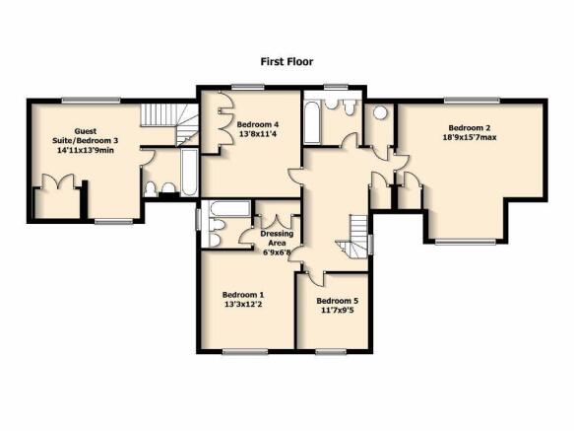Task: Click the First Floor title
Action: coord(287,61)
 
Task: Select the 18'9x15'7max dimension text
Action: coord(470,137)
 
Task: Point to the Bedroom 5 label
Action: coord(337,301)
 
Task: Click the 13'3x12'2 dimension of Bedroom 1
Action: coord(243,304)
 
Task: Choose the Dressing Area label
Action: coord(277,238)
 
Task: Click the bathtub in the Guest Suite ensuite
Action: coord(189,172)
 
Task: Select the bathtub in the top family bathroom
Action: coord(313,123)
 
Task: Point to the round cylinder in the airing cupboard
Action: coord(381,112)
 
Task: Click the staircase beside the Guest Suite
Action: coord(169,123)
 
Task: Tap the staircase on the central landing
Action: coord(352,237)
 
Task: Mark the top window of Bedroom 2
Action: coord(472,101)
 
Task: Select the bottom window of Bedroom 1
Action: coord(245,352)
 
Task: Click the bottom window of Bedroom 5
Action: coord(331,352)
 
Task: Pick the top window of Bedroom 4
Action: coord(248,88)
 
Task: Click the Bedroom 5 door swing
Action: coord(315,278)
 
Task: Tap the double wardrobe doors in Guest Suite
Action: coord(58,181)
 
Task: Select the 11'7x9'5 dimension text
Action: coord(337,311)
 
